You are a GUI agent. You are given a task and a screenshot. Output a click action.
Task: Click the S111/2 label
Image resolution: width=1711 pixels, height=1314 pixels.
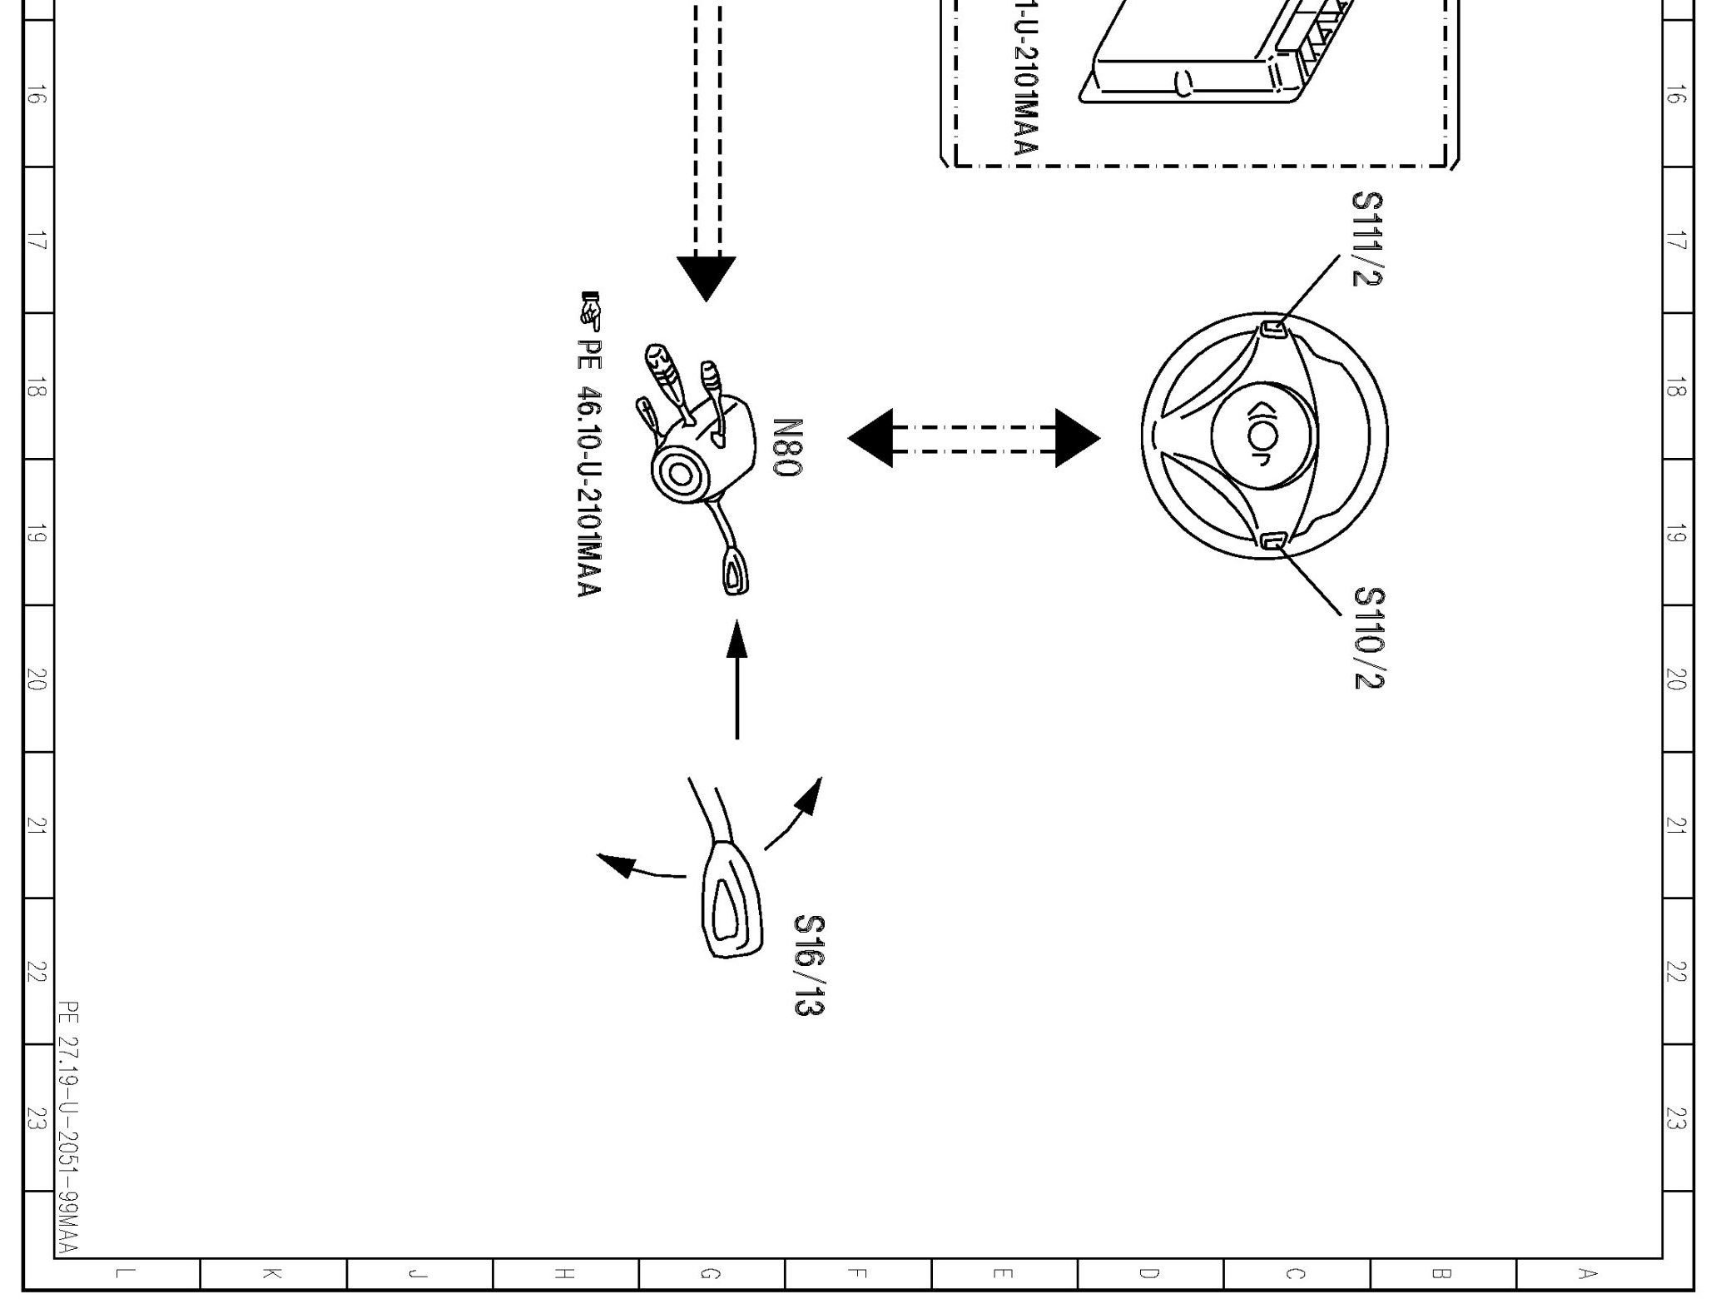pos(1367,239)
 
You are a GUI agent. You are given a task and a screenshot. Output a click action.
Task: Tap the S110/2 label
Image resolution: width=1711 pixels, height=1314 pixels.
pos(1369,638)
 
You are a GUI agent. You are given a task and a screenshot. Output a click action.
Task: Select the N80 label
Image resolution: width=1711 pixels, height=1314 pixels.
pos(787,447)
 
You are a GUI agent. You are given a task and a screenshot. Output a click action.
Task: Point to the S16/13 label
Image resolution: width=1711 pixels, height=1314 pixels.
pos(809,965)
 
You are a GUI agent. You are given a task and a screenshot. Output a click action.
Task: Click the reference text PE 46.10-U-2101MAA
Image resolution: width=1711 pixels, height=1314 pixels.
pos(588,466)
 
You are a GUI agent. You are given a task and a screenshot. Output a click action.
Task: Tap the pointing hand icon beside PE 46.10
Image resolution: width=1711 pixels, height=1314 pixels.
pos(590,309)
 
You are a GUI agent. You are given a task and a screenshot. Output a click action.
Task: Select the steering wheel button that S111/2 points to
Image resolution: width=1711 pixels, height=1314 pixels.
pos(1273,329)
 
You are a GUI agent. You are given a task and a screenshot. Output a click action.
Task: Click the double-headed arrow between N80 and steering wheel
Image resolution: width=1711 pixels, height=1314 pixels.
pos(974,438)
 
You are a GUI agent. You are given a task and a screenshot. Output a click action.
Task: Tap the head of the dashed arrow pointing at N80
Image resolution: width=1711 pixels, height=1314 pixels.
pos(706,277)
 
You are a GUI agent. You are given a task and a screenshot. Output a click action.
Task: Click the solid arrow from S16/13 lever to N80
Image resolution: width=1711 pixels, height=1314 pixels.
pos(736,679)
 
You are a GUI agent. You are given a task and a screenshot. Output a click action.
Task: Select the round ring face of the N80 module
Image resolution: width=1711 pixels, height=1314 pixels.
pos(681,475)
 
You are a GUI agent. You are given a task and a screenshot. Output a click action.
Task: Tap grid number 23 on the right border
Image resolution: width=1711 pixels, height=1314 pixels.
pos(1677,1117)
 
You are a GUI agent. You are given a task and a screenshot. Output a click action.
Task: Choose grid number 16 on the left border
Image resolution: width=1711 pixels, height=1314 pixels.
pos(36,96)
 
